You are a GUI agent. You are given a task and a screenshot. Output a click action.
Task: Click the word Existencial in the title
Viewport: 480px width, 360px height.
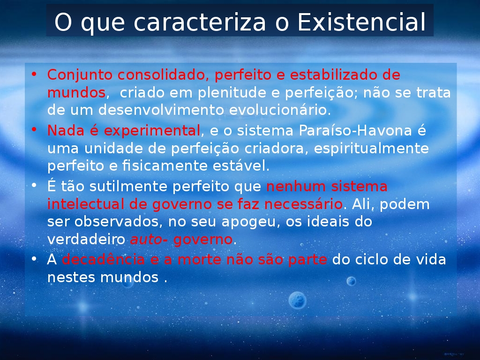(x=361, y=22)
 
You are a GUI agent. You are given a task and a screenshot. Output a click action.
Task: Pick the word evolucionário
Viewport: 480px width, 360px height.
(x=280, y=110)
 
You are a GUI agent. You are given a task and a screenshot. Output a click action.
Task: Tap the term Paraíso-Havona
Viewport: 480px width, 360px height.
(x=355, y=130)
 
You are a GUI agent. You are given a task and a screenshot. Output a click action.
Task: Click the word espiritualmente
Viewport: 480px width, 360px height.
(x=371, y=149)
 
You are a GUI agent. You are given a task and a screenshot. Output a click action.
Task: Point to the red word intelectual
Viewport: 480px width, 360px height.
(x=85, y=204)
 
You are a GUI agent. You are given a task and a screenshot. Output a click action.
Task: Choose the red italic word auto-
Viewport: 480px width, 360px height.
(x=149, y=240)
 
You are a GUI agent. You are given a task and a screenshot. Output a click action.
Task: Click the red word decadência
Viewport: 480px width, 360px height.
(x=103, y=260)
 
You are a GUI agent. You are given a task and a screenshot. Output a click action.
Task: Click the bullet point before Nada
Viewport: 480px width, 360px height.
(x=34, y=129)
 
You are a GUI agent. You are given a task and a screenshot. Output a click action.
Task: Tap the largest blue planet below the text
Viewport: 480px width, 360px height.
(x=297, y=300)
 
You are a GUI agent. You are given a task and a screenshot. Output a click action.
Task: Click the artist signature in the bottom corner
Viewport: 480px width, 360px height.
(x=454, y=354)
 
